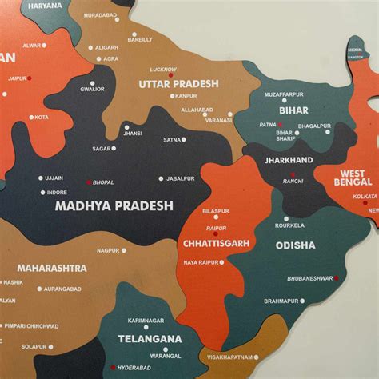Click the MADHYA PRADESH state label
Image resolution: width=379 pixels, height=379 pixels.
click(x=114, y=205)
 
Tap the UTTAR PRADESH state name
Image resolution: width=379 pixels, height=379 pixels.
click(x=178, y=83)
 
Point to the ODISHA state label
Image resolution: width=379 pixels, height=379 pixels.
click(x=296, y=245)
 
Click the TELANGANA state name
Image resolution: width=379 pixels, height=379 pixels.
click(x=150, y=339)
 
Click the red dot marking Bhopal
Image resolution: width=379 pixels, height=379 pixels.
click(x=89, y=182)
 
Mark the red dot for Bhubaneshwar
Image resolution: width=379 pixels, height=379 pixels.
click(x=337, y=278)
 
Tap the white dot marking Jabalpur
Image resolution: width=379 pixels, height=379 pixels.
click(x=161, y=178)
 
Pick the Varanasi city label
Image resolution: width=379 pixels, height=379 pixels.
click(x=218, y=120)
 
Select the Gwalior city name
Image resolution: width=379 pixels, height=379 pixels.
click(x=92, y=89)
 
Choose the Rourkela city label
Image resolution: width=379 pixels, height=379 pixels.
click(x=289, y=225)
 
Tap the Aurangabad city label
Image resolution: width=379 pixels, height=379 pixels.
click(x=63, y=289)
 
